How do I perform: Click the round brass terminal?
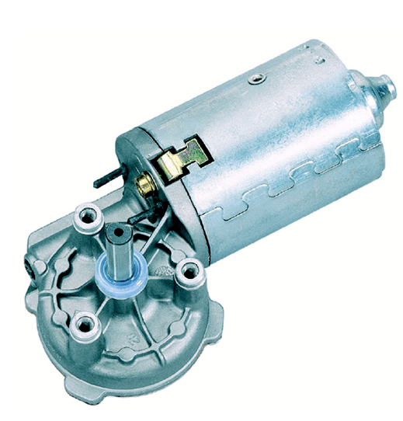point(144,184)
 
